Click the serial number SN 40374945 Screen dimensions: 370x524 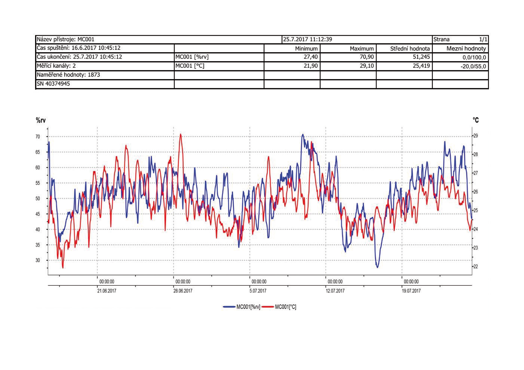point(53,84)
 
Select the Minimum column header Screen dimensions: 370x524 point(306,49)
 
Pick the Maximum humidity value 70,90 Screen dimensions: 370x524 point(367,57)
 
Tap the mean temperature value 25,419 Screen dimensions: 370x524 point(421,66)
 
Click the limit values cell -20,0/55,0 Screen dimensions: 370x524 point(473,66)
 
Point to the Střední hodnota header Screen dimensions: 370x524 point(410,49)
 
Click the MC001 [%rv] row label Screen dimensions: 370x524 point(192,57)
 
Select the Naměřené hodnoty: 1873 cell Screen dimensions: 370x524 point(68,75)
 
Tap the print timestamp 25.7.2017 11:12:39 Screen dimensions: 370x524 point(307,39)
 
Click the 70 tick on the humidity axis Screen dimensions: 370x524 point(38,137)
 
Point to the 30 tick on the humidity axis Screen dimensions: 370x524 point(38,260)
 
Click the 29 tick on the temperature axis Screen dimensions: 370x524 point(475,136)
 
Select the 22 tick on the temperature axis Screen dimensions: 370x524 point(475,267)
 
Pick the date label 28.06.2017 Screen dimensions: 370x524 point(183,291)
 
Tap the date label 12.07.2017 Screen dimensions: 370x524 point(335,291)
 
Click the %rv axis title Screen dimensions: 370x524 point(41,120)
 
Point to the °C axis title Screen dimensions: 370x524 point(476,120)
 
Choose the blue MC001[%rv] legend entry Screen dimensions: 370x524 point(242,307)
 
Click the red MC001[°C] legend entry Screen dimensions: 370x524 point(279,307)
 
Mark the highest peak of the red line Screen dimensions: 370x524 point(180,134)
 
